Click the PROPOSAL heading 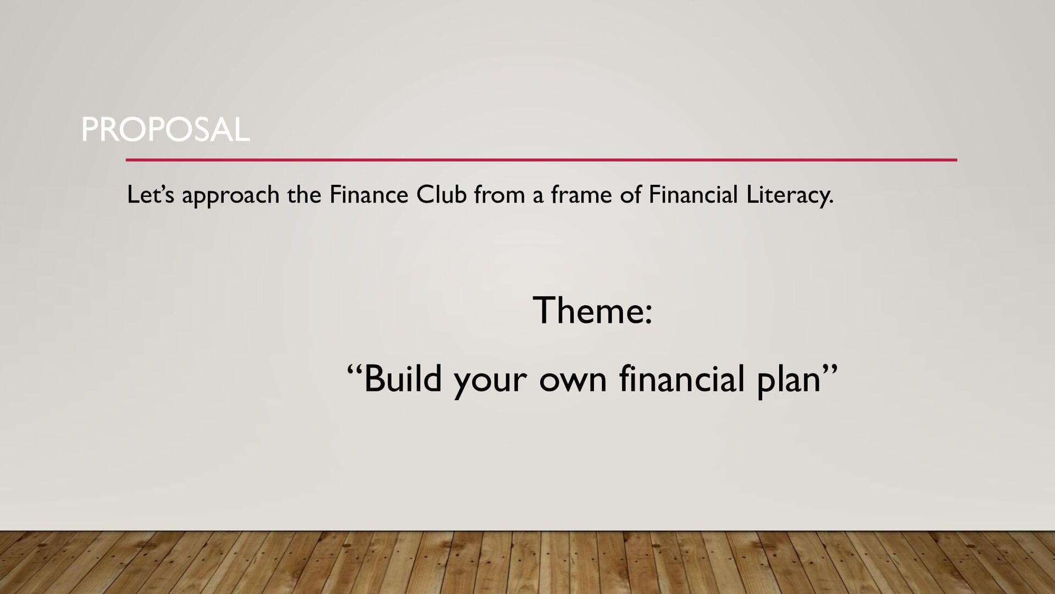[165, 130]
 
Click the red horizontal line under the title [541, 160]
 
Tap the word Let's [150, 195]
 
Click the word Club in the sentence [441, 195]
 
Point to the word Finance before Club [368, 195]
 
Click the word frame [581, 195]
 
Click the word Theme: [592, 310]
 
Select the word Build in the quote [402, 379]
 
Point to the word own [573, 380]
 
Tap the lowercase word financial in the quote [681, 379]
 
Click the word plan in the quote [789, 380]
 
